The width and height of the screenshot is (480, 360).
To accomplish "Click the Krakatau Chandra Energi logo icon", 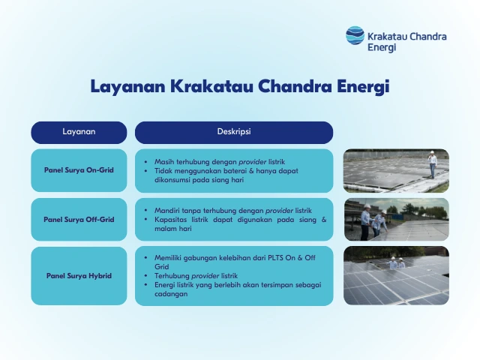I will (x=355, y=35).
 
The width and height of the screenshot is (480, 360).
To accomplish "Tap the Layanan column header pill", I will (x=79, y=132).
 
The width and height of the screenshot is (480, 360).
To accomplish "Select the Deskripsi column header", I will (x=233, y=132).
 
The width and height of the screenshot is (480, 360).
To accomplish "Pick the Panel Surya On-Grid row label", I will (x=79, y=170).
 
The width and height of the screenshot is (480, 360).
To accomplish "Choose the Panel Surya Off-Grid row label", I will (x=79, y=220).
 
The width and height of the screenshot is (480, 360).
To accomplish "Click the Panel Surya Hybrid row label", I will (x=79, y=275).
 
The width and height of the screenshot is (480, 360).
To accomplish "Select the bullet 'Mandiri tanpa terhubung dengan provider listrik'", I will (x=232, y=210).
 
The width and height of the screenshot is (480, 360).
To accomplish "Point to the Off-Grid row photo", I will (x=396, y=219).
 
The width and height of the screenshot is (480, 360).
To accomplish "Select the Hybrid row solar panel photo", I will (x=396, y=275).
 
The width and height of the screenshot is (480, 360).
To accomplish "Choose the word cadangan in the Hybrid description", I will (x=172, y=294).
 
